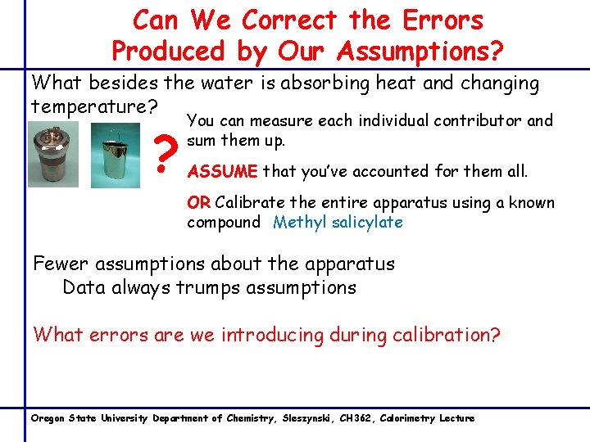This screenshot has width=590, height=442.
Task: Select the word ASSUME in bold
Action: (222, 172)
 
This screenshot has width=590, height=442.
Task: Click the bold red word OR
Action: (198, 203)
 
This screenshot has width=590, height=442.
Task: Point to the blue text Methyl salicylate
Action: (338, 223)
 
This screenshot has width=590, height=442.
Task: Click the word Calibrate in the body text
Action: (252, 203)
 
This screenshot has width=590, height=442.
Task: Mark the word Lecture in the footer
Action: (456, 418)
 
